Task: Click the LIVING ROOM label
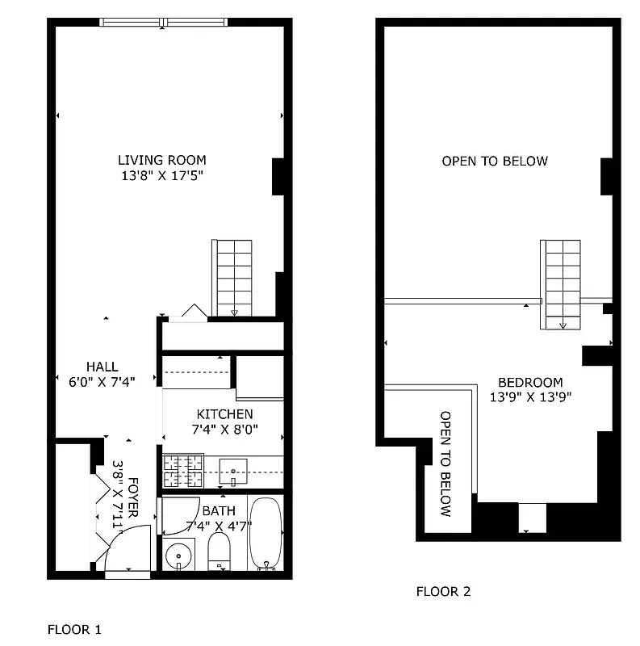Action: [162, 160]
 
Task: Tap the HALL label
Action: [102, 367]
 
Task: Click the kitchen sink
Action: [233, 470]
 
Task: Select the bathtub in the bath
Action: [266, 534]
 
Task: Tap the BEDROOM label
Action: [529, 382]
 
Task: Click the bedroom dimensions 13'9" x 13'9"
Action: [529, 396]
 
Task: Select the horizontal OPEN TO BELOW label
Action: [494, 161]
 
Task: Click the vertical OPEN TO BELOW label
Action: [445, 464]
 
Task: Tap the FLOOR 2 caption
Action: [443, 591]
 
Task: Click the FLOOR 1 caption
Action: [75, 628]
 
